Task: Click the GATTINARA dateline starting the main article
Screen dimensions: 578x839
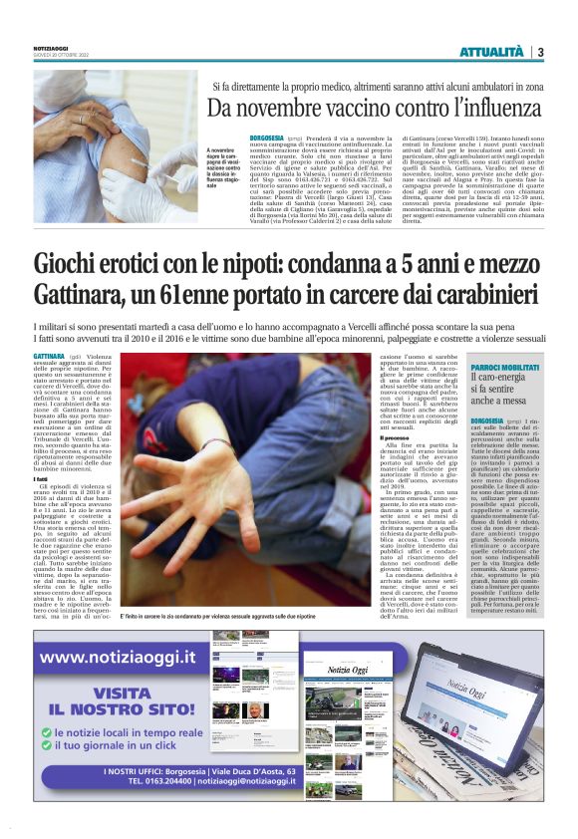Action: coord(49,356)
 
